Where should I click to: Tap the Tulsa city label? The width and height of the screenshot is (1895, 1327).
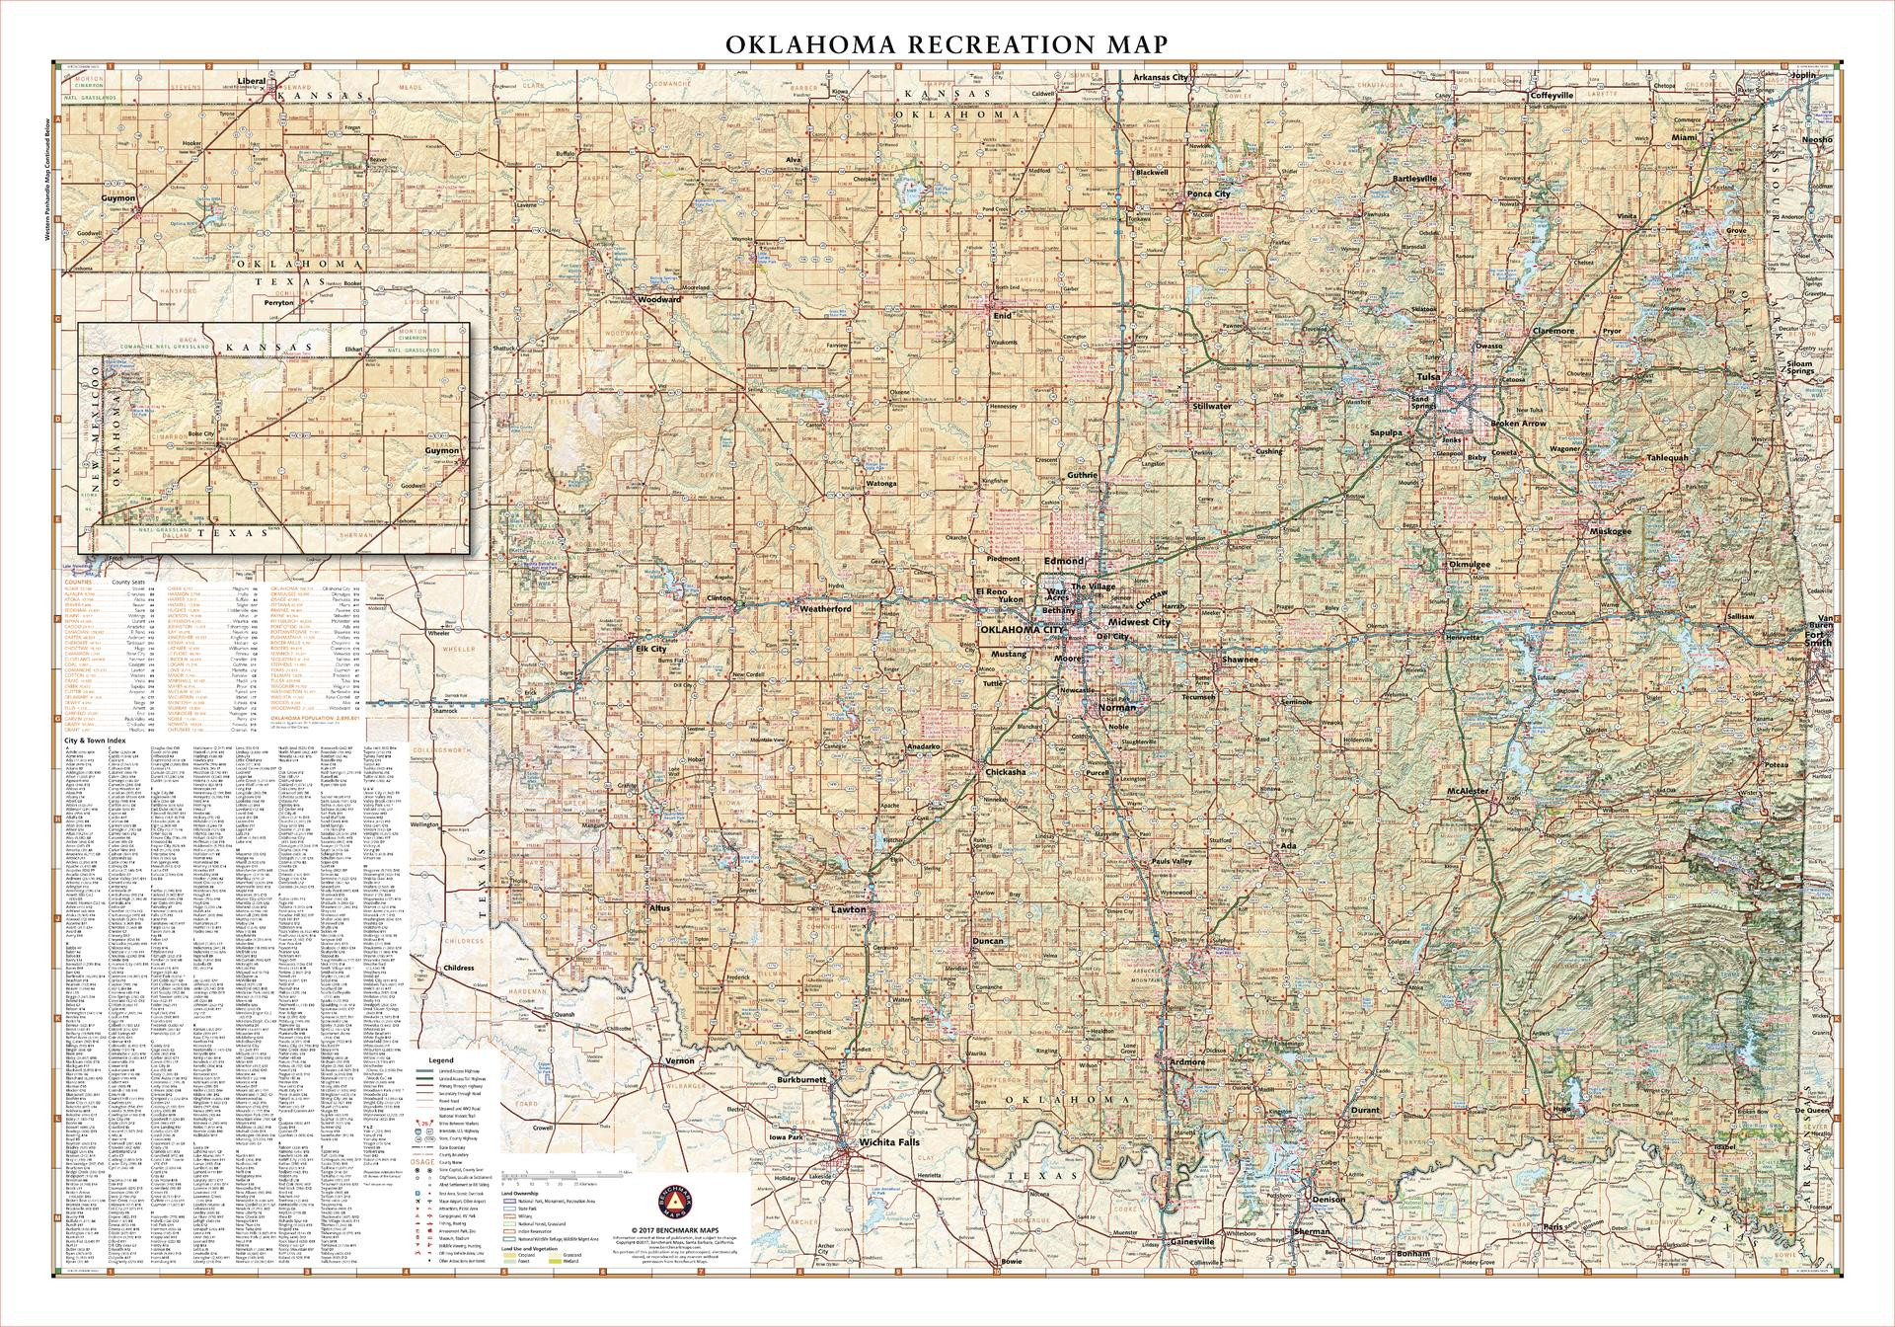pyautogui.click(x=1428, y=377)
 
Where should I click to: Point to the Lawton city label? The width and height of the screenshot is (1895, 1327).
pyautogui.click(x=848, y=909)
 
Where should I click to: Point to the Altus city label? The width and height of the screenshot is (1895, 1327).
pyautogui.click(x=660, y=906)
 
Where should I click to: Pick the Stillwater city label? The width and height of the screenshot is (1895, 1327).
pyautogui.click(x=1212, y=406)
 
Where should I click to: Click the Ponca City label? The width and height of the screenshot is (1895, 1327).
pyautogui.click(x=1208, y=194)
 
